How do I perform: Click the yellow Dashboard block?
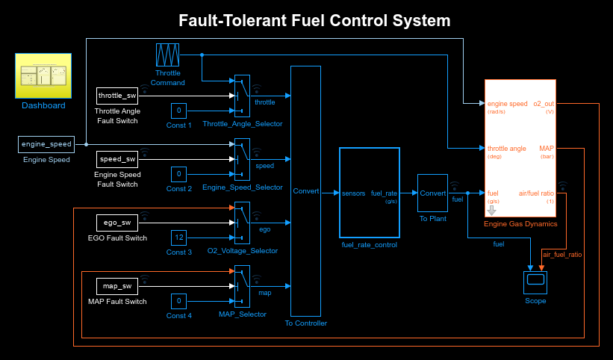[43, 75]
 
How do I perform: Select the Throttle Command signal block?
[167, 55]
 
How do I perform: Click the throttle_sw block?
[117, 96]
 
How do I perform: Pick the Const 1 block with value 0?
[178, 111]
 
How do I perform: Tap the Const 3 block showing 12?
[178, 238]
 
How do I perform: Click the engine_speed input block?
[46, 144]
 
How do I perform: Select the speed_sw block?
[117, 159]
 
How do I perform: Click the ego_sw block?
[117, 223]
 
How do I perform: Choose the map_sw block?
[117, 286]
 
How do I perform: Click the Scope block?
[534, 282]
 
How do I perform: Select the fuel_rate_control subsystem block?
[368, 192]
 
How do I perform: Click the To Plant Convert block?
[432, 193]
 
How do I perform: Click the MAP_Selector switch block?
[241, 286]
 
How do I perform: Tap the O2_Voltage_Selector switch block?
[241, 223]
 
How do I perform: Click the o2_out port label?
[543, 103]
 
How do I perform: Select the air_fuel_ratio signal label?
[562, 255]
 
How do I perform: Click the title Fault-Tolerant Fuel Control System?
[314, 20]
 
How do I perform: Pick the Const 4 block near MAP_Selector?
[178, 301]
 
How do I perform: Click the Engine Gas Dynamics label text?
[520, 223]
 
